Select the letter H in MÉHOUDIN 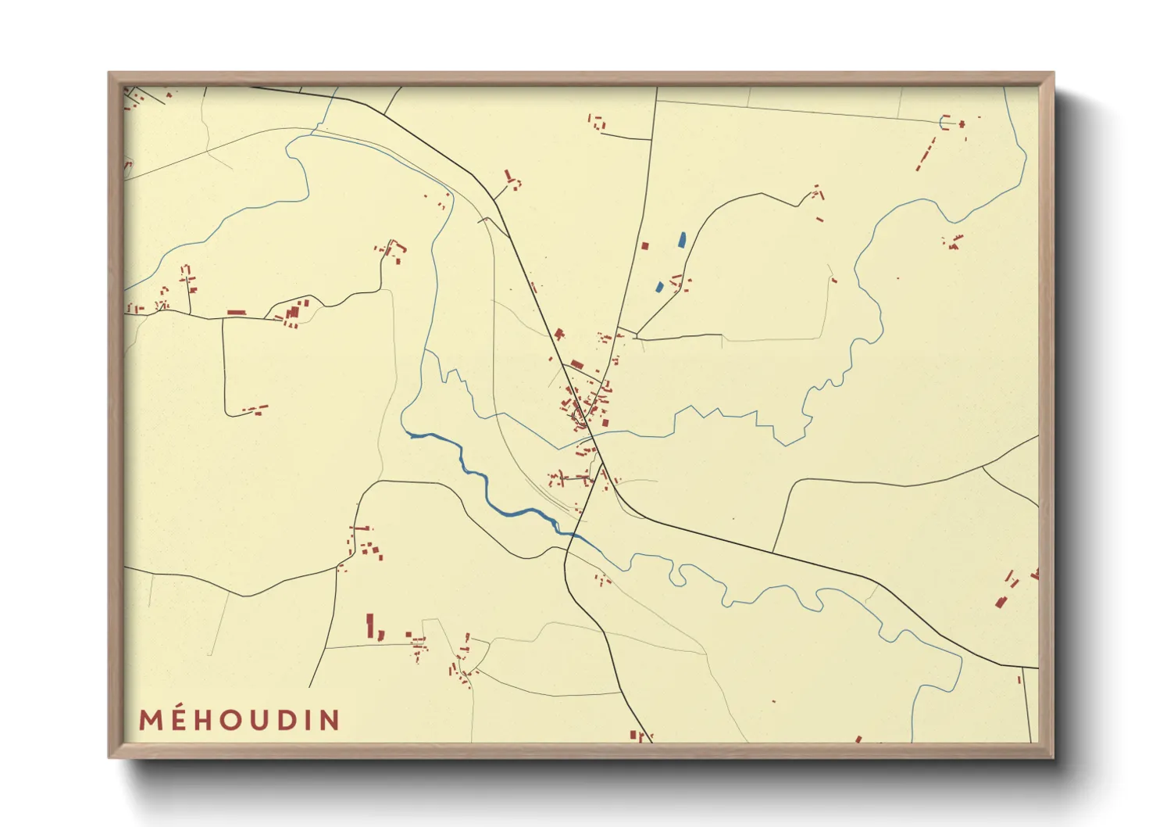(208, 720)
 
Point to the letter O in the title (237, 720)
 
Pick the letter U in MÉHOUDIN (269, 720)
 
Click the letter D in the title (299, 720)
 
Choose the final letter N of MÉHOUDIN (332, 720)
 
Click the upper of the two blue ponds (682, 240)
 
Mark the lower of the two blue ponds (660, 287)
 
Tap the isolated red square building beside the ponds (645, 245)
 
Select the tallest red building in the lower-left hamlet (370, 625)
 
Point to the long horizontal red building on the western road (237, 313)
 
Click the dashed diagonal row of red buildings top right (926, 155)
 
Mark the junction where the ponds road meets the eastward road (637, 338)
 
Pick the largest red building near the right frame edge (1001, 600)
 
